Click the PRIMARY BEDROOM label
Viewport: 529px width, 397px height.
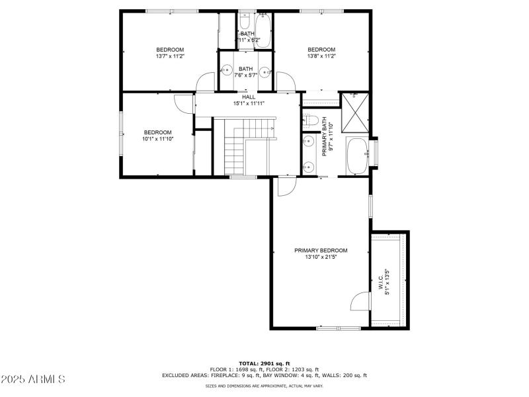coord(321,250)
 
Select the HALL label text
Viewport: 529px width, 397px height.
coord(248,97)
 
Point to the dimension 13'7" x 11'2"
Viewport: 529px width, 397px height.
coord(170,57)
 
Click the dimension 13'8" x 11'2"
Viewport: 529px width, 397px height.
coord(321,57)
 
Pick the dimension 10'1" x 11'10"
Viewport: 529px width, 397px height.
coord(158,139)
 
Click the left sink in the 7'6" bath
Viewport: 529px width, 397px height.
coord(226,69)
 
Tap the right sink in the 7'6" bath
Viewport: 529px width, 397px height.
coord(266,71)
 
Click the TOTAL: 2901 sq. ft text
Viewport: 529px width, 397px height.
coord(264,364)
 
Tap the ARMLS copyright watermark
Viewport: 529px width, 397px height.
coord(33,379)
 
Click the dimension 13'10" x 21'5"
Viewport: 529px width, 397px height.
coord(321,257)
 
